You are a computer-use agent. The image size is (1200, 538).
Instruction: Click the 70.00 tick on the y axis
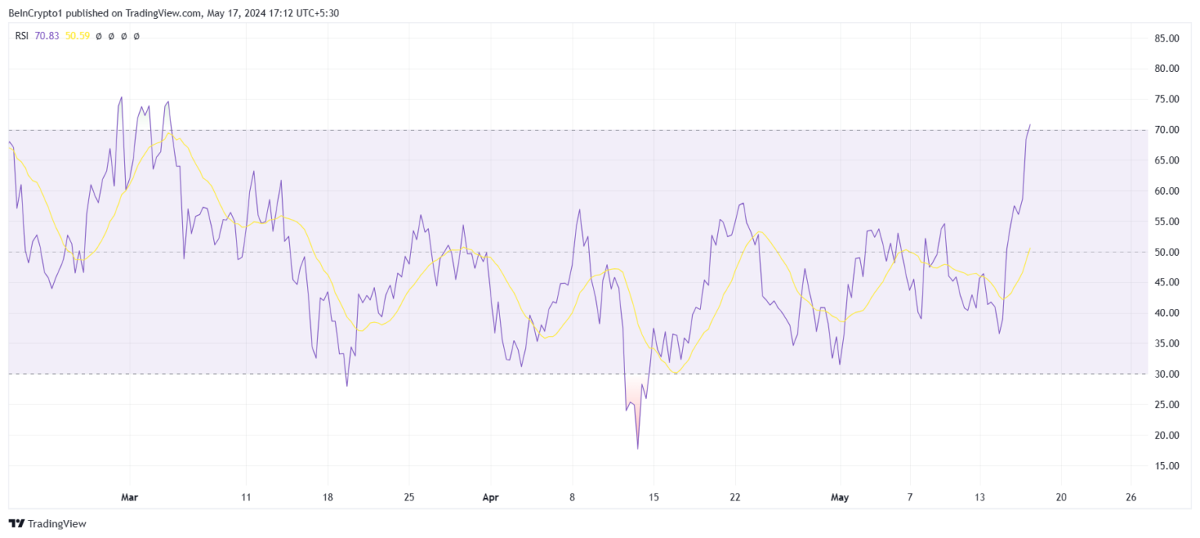point(1166,130)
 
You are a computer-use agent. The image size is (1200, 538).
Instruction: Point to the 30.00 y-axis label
point(1166,374)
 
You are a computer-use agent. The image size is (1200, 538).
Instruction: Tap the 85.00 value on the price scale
point(1166,38)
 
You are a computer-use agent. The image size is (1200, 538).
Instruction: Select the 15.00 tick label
point(1166,465)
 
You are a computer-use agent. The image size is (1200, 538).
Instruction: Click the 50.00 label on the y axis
point(1166,252)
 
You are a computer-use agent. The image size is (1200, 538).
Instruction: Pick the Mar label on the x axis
point(130,497)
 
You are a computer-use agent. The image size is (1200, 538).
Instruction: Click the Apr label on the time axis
point(490,497)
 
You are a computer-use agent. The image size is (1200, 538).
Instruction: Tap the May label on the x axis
point(840,497)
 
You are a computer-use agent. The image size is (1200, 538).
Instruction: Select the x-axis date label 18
point(327,497)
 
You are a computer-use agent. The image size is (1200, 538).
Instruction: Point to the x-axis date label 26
point(1131,497)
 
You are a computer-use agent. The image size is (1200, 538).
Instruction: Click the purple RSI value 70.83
point(47,36)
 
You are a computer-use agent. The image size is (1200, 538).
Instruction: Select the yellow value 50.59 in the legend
point(77,36)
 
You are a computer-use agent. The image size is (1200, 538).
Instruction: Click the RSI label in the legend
point(21,36)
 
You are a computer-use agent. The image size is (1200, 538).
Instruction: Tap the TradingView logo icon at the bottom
point(16,523)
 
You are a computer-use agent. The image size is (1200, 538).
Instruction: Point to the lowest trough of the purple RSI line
point(637,448)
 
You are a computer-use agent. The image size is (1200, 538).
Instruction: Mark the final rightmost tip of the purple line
point(1030,124)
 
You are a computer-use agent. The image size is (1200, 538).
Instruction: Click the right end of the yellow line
point(1030,249)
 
